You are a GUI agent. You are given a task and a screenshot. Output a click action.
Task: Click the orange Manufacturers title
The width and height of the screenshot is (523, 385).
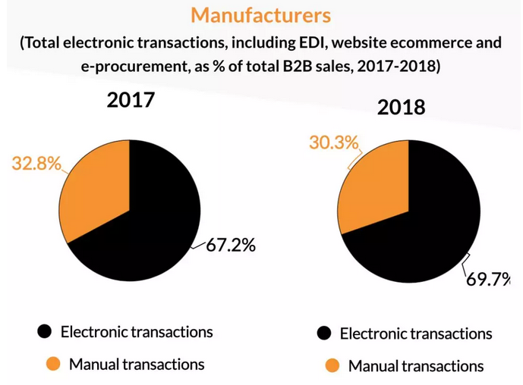click(x=261, y=15)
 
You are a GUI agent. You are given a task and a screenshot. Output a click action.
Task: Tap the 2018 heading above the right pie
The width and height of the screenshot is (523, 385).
click(x=401, y=107)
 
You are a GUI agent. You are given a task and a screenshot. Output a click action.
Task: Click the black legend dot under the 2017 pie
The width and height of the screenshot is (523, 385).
click(x=45, y=331)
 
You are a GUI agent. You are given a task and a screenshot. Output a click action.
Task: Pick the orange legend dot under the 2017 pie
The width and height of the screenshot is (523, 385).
click(x=52, y=364)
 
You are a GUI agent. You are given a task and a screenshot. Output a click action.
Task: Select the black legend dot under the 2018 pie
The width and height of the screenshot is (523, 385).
click(x=324, y=333)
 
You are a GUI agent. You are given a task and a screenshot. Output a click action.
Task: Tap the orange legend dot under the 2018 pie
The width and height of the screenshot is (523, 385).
click(x=332, y=366)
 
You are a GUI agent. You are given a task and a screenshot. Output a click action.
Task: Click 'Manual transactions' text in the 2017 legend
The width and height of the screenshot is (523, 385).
click(x=137, y=364)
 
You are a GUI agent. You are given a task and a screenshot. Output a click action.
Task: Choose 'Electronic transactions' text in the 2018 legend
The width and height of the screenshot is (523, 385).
click(x=416, y=333)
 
